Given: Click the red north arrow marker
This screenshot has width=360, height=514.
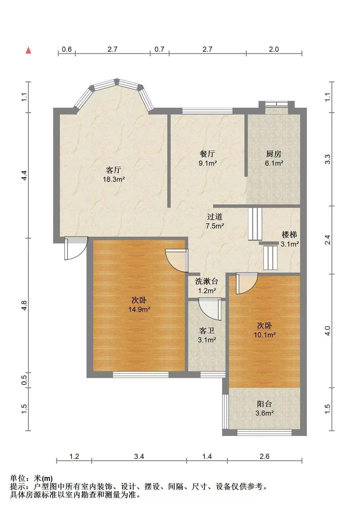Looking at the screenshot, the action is pyautogui.click(x=28, y=50).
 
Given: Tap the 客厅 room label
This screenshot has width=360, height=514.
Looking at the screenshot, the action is pyautogui.click(x=114, y=170).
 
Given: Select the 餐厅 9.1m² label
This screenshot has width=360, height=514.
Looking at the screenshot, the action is pyautogui.click(x=208, y=158).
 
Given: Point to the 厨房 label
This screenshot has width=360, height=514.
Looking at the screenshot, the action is pyautogui.click(x=274, y=154).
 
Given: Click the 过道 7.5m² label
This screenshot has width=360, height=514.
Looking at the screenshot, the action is pyautogui.click(x=215, y=221).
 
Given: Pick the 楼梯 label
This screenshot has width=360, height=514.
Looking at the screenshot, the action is pyautogui.click(x=289, y=234).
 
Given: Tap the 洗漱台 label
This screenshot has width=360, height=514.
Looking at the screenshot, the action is pyautogui.click(x=207, y=281).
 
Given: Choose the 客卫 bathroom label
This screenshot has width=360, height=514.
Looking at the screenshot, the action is pyautogui.click(x=207, y=331).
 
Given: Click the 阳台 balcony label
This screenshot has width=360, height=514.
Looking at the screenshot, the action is pyautogui.click(x=264, y=404).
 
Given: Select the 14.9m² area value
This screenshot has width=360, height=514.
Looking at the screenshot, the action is pyautogui.click(x=139, y=309).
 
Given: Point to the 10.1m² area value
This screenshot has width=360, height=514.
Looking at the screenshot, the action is pyautogui.click(x=265, y=335).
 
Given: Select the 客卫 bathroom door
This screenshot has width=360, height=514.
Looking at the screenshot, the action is pyautogui.click(x=210, y=309).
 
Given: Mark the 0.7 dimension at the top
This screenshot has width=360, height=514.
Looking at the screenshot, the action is pyautogui.click(x=159, y=49).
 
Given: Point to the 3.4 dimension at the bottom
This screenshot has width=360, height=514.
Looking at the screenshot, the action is pyautogui.click(x=139, y=456).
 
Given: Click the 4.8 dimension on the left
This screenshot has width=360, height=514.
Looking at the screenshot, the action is pyautogui.click(x=24, y=305).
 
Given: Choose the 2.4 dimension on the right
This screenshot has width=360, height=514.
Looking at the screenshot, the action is pyautogui.click(x=327, y=240).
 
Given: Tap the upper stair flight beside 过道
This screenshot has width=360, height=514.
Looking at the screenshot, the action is pyautogui.click(x=255, y=224).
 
